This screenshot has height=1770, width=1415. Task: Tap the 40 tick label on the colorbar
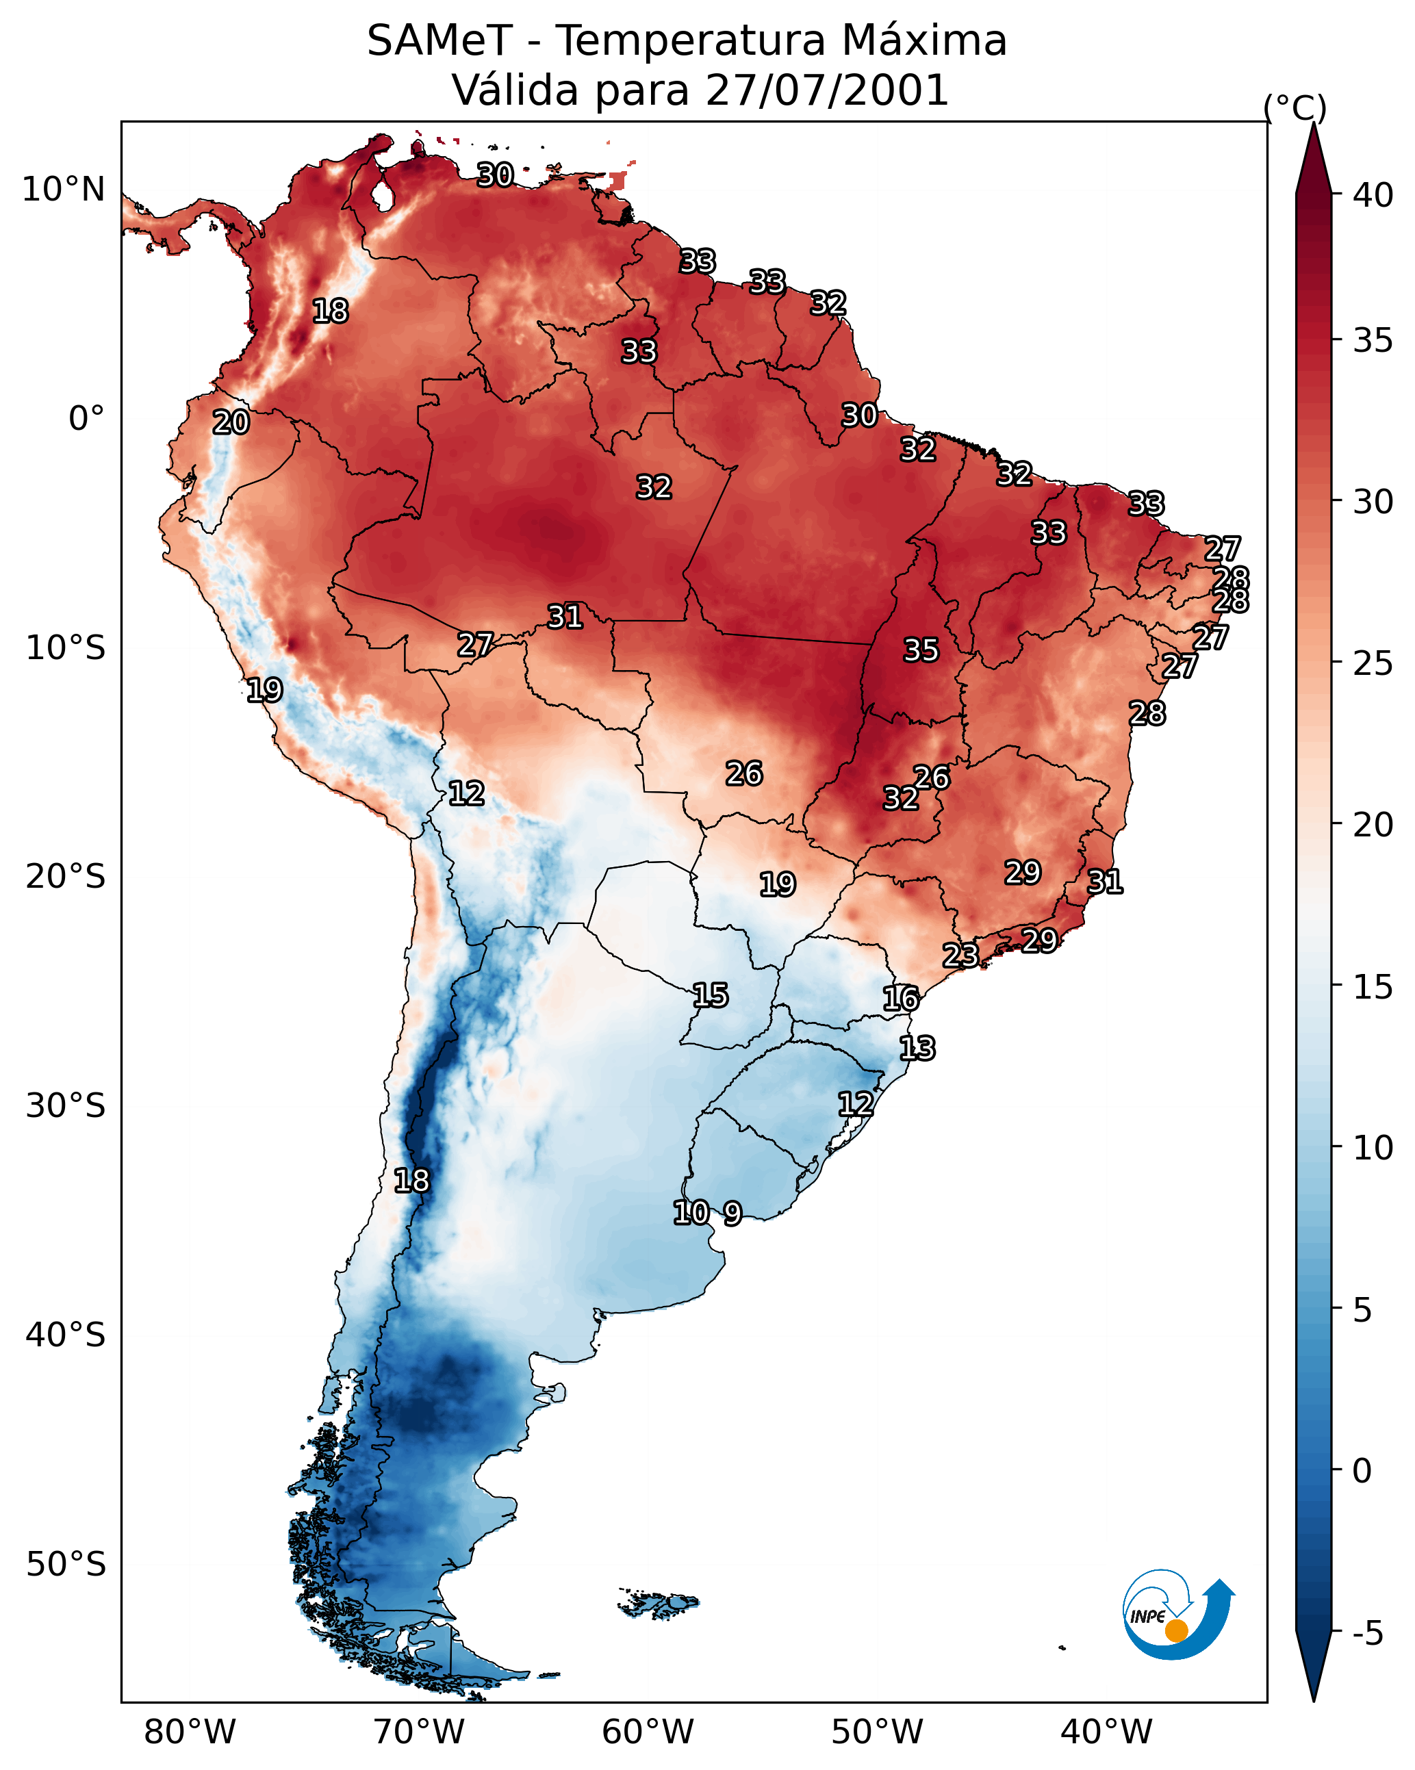tap(1373, 195)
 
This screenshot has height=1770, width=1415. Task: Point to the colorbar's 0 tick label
tap(1362, 1470)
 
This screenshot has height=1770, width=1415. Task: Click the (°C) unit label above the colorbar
tap(1295, 107)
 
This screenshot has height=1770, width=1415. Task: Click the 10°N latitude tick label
tap(63, 190)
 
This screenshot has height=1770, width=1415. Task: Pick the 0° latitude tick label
tap(86, 419)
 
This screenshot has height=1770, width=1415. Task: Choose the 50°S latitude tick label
tap(66, 1564)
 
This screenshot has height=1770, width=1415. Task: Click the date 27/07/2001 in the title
tap(827, 90)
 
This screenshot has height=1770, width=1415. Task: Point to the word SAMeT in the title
tap(439, 41)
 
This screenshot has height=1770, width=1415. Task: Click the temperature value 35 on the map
tap(921, 650)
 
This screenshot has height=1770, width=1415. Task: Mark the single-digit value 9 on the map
tap(732, 1214)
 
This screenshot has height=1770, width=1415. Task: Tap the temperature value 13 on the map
tap(917, 1049)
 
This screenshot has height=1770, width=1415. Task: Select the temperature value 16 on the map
tap(901, 999)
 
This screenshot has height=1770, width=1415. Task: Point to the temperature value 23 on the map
tap(960, 955)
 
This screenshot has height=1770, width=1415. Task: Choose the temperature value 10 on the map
tap(691, 1213)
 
